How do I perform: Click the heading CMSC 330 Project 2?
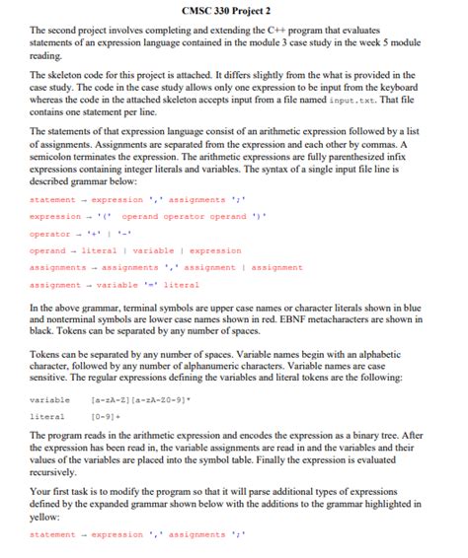click(x=233, y=11)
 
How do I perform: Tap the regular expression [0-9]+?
click(x=107, y=417)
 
